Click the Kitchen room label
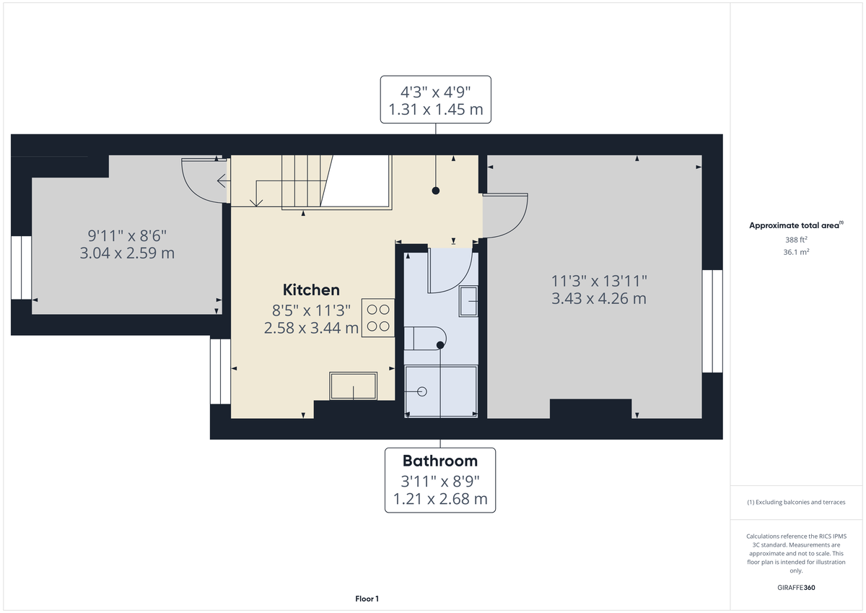tap(311, 290)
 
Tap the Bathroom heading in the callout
tap(439, 461)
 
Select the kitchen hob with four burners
tap(379, 318)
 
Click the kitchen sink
tap(353, 386)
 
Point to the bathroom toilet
tap(427, 337)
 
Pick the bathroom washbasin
tap(468, 300)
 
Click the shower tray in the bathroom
tap(441, 391)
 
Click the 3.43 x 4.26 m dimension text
tap(599, 298)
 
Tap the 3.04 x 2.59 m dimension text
tap(127, 253)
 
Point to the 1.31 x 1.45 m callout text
tap(435, 110)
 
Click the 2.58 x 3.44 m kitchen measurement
tap(311, 328)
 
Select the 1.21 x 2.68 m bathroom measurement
tap(439, 499)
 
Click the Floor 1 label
tap(367, 599)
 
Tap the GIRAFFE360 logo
tap(795, 588)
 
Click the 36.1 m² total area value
tap(795, 252)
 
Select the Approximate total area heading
tap(794, 226)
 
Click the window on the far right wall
tap(712, 321)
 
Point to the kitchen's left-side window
tap(220, 371)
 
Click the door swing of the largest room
tap(507, 215)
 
